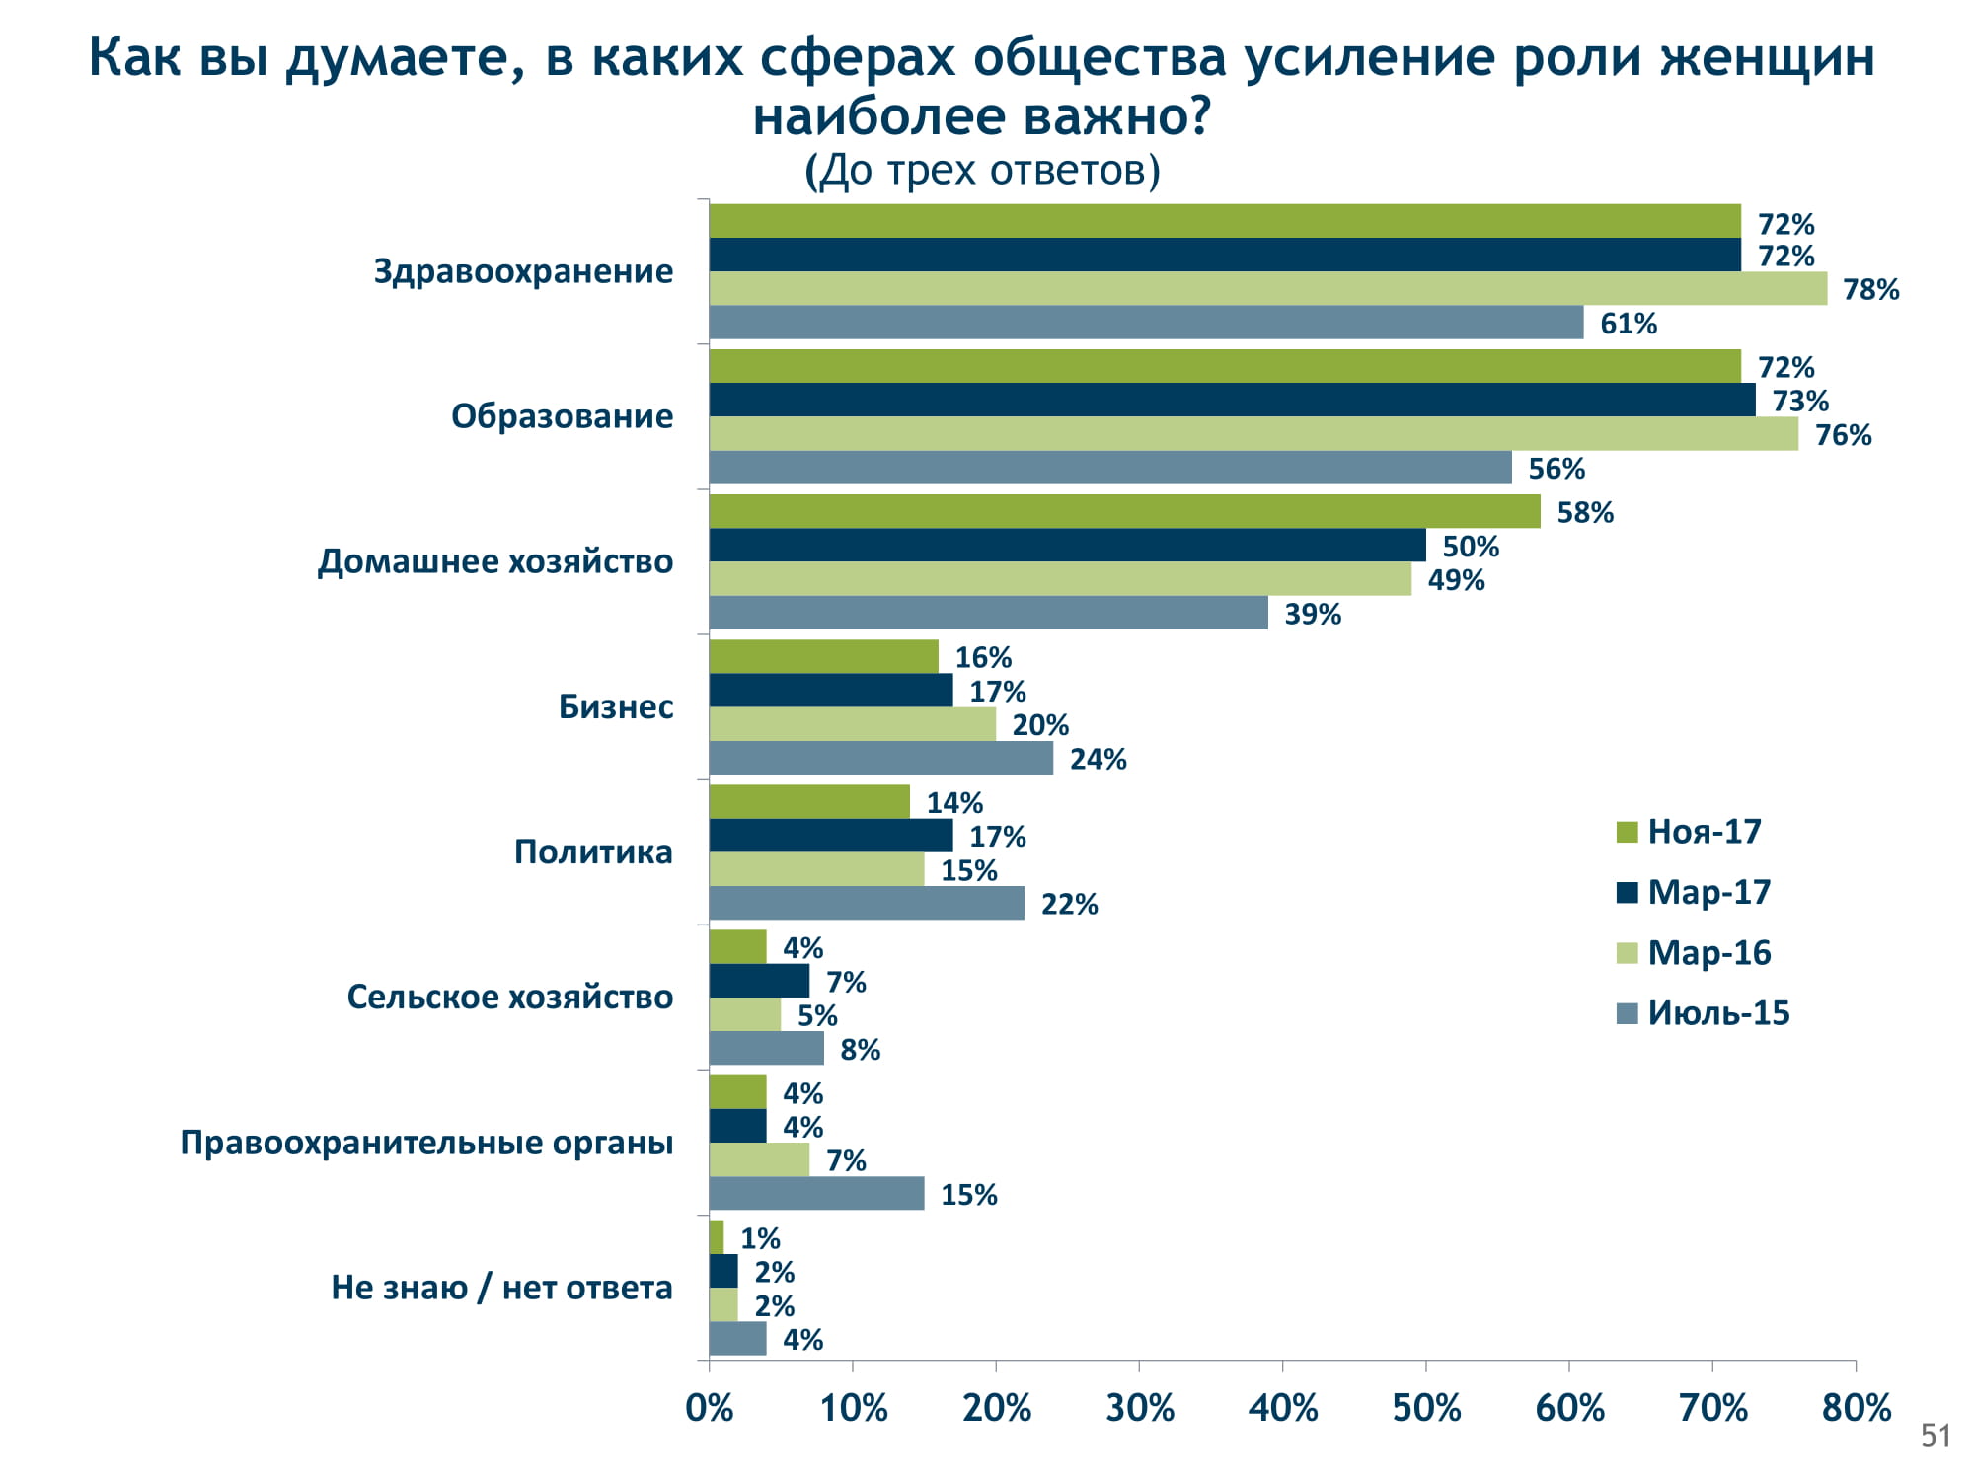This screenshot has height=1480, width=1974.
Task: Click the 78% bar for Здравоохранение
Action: tap(1268, 288)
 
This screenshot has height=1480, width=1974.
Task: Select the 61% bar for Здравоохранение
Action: tap(1146, 323)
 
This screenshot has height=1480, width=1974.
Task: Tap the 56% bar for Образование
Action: tap(1110, 468)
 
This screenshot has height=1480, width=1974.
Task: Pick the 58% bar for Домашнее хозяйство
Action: tap(1124, 511)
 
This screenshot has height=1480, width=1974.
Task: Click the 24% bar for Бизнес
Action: tap(880, 758)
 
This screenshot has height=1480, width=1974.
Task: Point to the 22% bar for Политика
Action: tap(867, 903)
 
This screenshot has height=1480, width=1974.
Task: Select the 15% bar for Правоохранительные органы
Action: tap(816, 1194)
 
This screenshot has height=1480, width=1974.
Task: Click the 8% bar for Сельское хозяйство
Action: tap(766, 1049)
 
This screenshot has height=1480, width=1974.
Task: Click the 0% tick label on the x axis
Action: tap(709, 1408)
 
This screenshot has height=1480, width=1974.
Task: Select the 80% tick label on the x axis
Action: tap(1856, 1408)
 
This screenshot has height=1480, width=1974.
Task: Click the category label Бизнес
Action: tap(616, 706)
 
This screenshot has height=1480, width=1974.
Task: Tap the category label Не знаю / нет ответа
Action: tap(501, 1288)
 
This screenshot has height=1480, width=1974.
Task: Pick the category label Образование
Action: tap(562, 416)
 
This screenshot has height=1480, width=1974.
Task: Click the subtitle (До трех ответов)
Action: tap(982, 170)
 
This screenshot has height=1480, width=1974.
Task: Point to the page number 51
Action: tap(1936, 1436)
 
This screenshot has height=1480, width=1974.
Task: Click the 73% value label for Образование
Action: tap(1799, 401)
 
